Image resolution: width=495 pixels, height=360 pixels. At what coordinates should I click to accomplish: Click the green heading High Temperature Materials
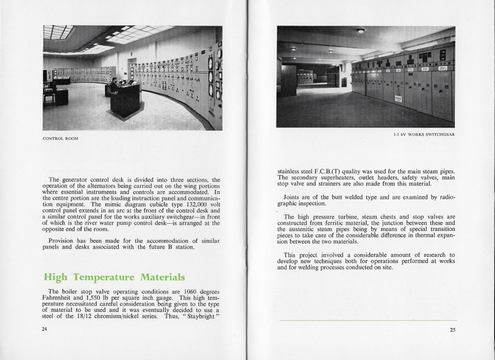pos(114,277)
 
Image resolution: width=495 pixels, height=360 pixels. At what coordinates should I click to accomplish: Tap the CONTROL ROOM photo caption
pos(60,139)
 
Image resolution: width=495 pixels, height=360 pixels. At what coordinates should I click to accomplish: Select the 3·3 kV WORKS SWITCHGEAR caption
pos(423,135)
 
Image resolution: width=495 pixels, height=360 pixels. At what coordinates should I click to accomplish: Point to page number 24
pos(45,329)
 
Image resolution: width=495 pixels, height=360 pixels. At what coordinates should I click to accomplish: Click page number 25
pos(452,330)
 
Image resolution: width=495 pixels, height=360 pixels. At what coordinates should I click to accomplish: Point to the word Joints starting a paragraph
pos(293,197)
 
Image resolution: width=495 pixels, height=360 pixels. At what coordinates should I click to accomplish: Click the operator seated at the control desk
pos(114,85)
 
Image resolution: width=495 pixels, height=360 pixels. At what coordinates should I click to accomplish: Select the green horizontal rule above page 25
pos(368,320)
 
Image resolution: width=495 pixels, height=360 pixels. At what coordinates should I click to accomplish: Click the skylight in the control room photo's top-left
pos(58,31)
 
